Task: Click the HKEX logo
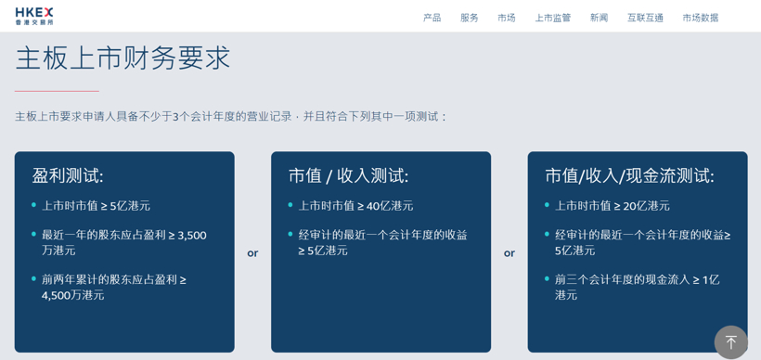click(34, 16)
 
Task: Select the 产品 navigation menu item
click(432, 18)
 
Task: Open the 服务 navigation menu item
click(470, 18)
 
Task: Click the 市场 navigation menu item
click(507, 18)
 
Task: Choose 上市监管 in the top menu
click(553, 18)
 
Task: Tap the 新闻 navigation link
click(600, 18)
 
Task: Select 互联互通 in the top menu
click(645, 18)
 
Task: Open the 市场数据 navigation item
click(701, 18)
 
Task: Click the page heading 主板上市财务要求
click(123, 58)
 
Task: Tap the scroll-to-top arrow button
click(730, 341)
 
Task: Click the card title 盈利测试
click(68, 175)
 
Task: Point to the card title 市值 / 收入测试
click(348, 175)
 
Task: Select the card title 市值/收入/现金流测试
click(629, 175)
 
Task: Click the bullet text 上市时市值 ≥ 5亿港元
click(96, 206)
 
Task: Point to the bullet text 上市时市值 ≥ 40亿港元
click(355, 206)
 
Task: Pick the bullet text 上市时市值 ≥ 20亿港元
click(612, 206)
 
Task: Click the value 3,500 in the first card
click(190, 236)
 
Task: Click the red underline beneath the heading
click(57, 91)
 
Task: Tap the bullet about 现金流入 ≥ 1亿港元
click(637, 287)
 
